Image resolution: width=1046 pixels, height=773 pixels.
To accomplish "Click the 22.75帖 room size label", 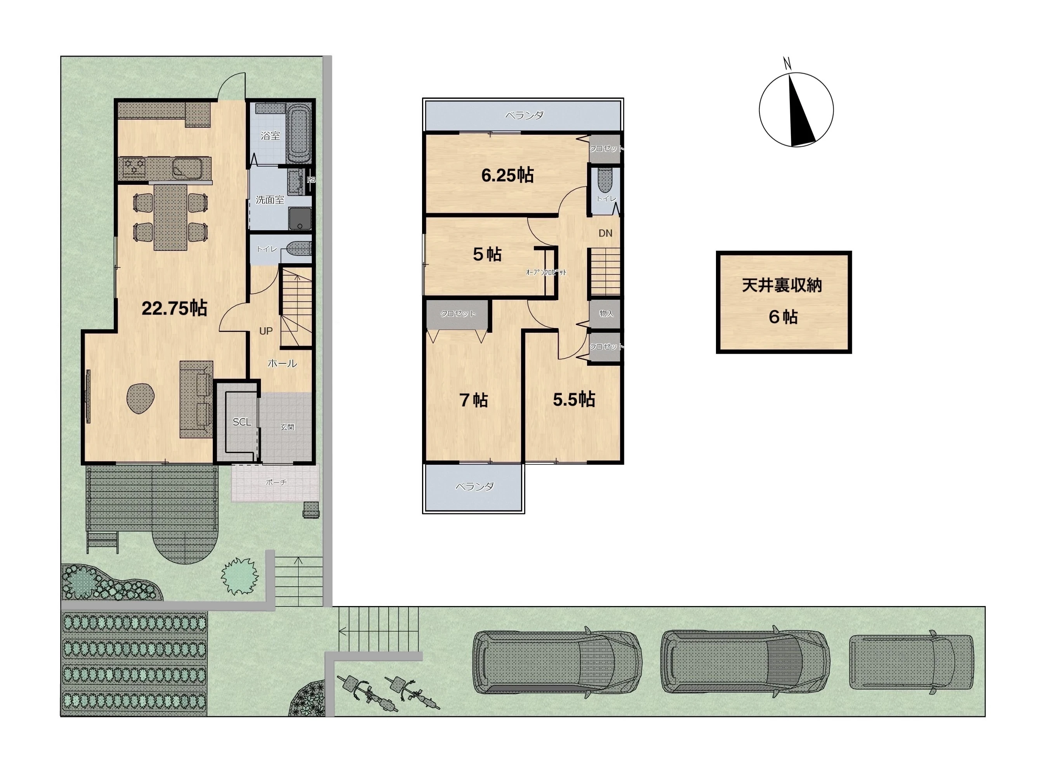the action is tap(174, 308).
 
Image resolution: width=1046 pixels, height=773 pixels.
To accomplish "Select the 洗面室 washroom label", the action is tap(270, 200).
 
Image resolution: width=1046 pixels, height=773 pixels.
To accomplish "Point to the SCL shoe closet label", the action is tap(242, 422).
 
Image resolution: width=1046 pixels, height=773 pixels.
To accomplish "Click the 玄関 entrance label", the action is tap(287, 427).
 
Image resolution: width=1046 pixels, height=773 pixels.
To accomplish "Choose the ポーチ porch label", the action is tap(276, 482).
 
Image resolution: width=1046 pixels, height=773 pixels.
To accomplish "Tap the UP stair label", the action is tap(266, 331).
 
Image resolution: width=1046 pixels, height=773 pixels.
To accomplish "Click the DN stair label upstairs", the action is tap(605, 233).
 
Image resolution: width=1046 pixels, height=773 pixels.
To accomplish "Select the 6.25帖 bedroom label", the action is tap(507, 175).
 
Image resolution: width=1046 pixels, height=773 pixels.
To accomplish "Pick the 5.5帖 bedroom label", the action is tap(574, 400).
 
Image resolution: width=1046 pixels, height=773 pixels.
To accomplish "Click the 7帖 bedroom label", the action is tap(473, 400).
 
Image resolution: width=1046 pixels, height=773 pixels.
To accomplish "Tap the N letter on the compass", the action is tap(787, 63).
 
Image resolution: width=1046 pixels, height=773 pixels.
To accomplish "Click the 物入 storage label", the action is tap(606, 313).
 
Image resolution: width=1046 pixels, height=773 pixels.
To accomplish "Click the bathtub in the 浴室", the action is tap(298, 134).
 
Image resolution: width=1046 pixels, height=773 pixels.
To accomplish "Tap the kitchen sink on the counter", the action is tap(187, 167).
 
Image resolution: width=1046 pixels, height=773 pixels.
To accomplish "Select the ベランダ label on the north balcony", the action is tap(524, 115).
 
